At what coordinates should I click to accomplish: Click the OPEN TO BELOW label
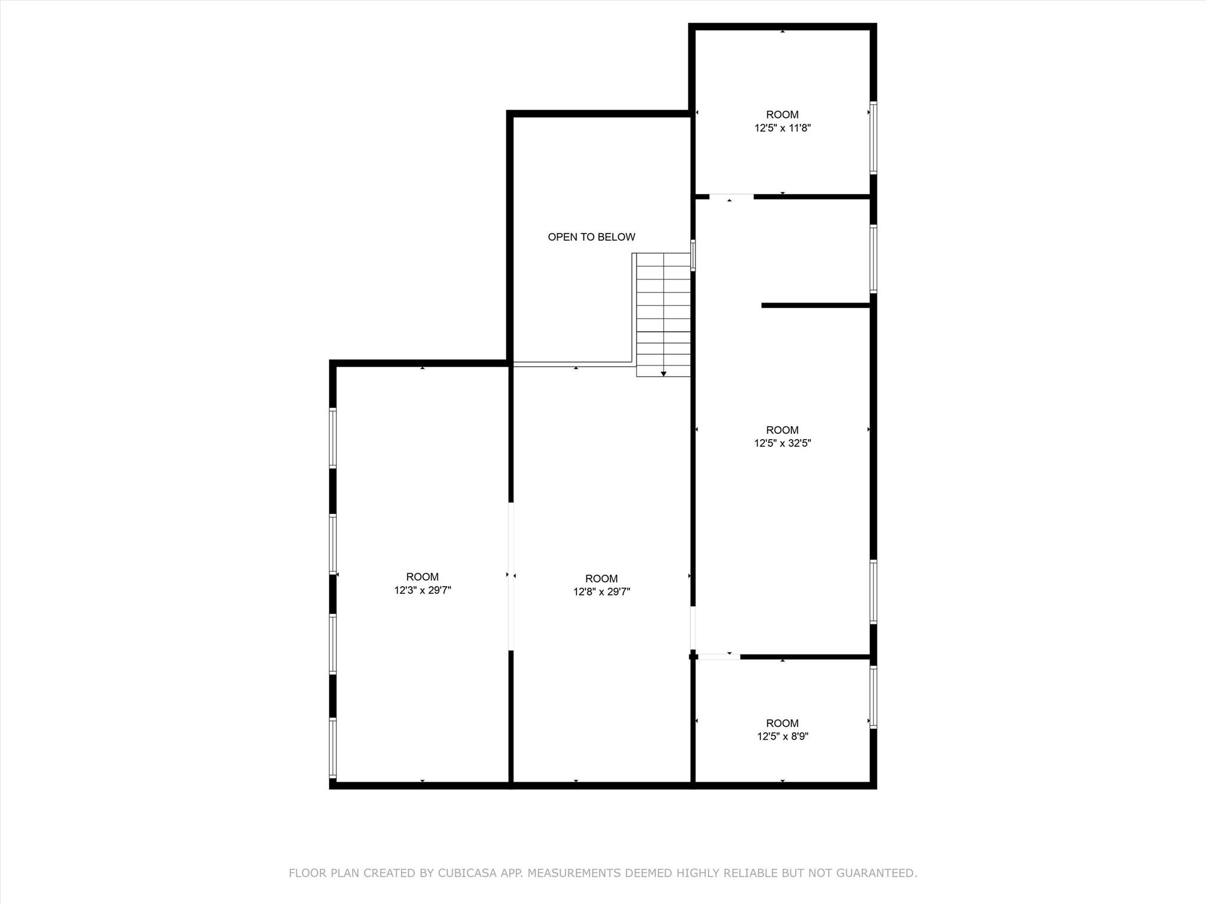(x=591, y=237)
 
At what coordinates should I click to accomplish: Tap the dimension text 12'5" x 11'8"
(x=783, y=128)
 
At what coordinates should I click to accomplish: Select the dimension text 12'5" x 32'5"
(x=783, y=443)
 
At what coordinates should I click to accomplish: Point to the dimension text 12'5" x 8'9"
(x=783, y=736)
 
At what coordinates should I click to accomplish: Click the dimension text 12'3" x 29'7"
(x=422, y=590)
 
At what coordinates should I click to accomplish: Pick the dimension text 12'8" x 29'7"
(x=601, y=592)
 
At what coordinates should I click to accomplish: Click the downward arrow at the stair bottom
(x=664, y=373)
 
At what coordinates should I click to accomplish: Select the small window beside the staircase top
(x=693, y=255)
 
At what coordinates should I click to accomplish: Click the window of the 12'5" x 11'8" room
(x=873, y=138)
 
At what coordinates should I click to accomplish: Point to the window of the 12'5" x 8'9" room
(x=873, y=697)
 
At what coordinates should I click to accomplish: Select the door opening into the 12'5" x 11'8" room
(x=731, y=197)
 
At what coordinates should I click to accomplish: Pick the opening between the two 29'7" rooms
(x=511, y=576)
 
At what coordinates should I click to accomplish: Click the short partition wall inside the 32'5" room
(x=816, y=305)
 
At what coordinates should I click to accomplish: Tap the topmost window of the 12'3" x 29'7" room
(x=333, y=438)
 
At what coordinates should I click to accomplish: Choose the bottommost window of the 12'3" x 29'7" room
(x=333, y=748)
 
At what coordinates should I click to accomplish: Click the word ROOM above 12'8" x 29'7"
(x=601, y=579)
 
